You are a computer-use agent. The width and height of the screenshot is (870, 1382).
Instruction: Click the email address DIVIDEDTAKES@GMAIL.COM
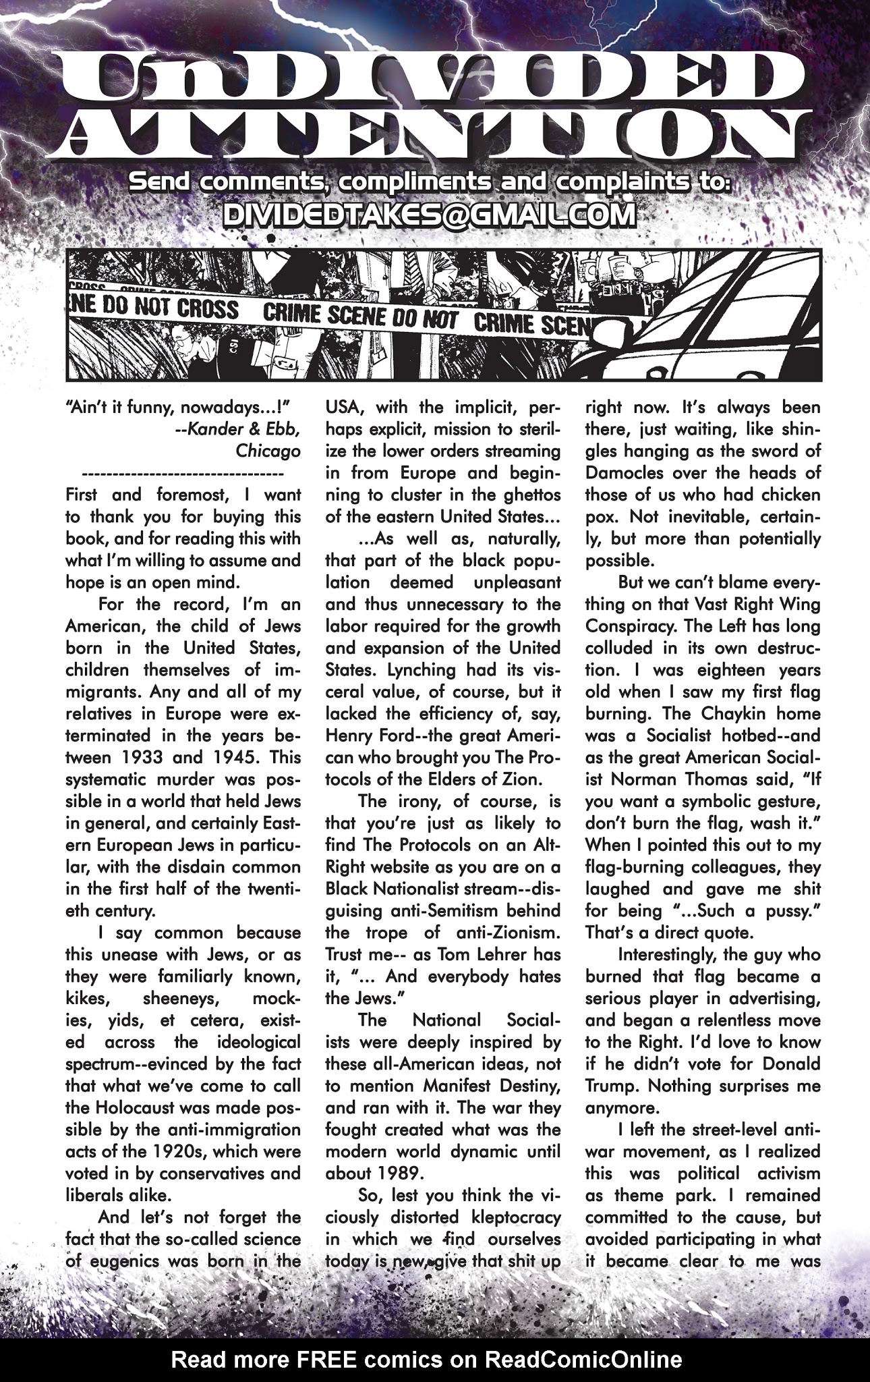pos(429,215)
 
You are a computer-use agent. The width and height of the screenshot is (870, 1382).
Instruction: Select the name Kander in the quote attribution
pos(219,429)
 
